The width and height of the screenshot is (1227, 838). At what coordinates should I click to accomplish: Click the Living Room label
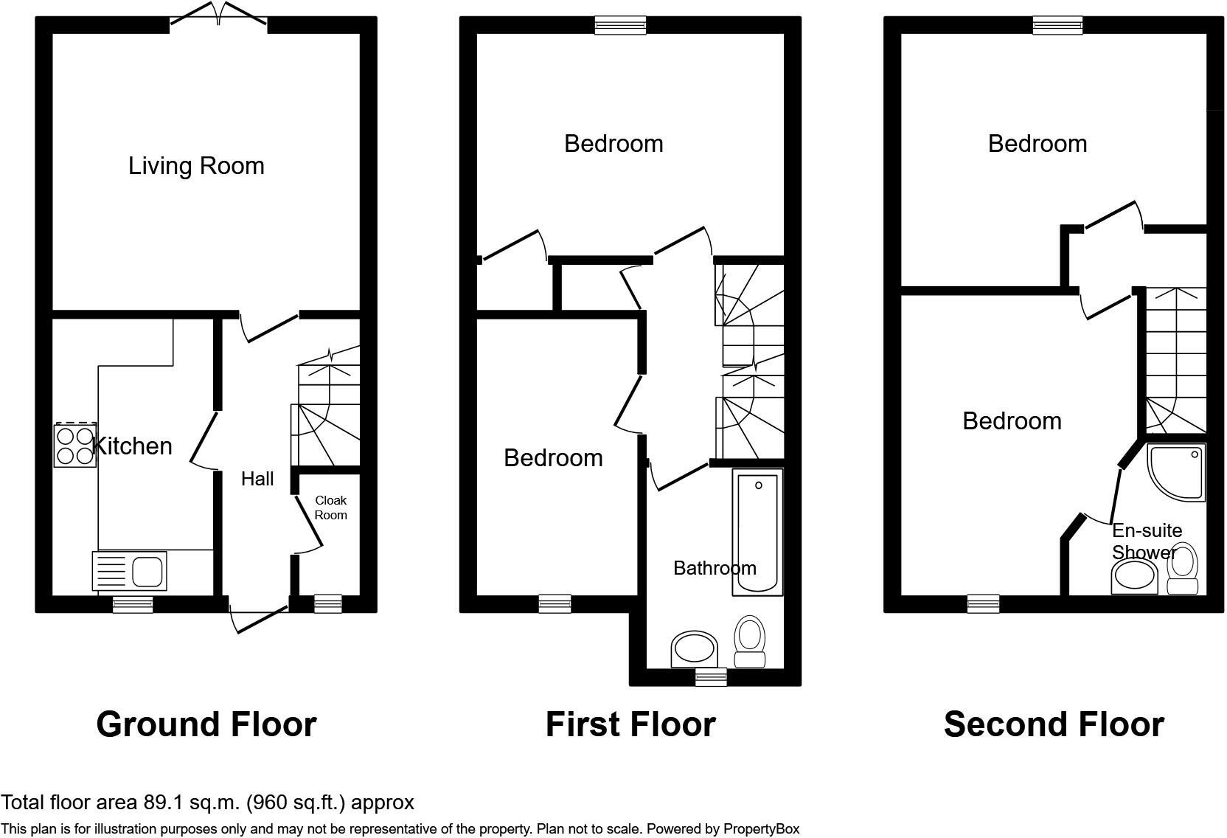tap(196, 166)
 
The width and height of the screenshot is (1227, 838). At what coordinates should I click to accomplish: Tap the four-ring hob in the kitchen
tap(75, 446)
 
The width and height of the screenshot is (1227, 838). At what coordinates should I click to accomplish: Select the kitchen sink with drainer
tap(129, 571)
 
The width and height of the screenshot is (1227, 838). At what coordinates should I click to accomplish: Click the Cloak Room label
tap(330, 508)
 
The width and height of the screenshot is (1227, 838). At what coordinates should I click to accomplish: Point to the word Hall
tap(257, 479)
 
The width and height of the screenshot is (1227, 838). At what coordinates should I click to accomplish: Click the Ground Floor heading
tap(206, 724)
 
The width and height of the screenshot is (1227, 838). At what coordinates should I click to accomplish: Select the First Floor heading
tap(630, 724)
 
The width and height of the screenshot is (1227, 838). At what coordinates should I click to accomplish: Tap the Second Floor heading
tap(1054, 724)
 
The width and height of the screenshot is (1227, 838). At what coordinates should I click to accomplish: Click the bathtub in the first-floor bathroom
tap(757, 533)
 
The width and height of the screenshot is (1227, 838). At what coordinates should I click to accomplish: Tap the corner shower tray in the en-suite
tap(1176, 472)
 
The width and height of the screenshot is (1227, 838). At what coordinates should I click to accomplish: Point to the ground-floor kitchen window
tap(133, 605)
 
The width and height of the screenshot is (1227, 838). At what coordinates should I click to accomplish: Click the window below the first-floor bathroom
tap(712, 677)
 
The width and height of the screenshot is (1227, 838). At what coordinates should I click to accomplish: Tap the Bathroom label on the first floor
tap(715, 568)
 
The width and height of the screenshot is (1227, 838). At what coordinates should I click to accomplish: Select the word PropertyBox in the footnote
tap(762, 829)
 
